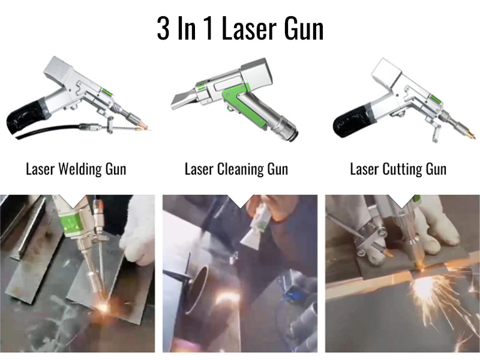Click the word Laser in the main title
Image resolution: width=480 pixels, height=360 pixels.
[x=248, y=29]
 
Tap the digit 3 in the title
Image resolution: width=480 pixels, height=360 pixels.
[x=163, y=29]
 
